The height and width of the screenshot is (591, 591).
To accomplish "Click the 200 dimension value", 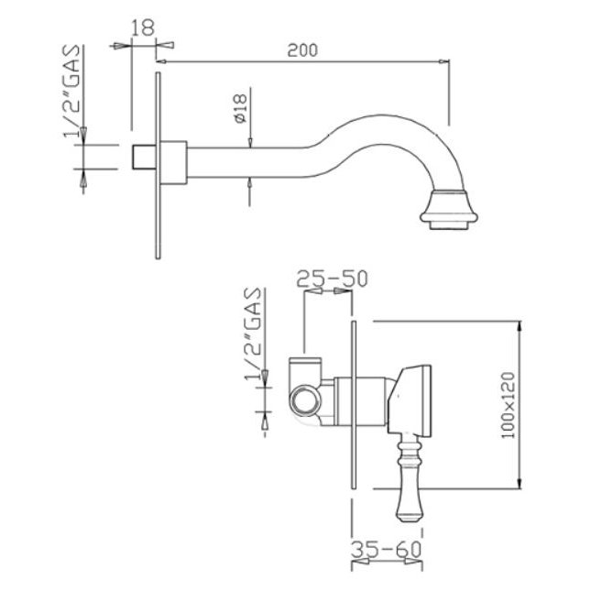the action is tap(302, 50).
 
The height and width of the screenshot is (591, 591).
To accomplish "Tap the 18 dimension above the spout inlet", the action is tap(143, 27).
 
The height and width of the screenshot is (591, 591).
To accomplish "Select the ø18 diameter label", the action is tap(240, 108).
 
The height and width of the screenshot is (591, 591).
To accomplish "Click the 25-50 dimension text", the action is tap(332, 279).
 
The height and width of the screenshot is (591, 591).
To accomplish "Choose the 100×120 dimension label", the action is tap(509, 405).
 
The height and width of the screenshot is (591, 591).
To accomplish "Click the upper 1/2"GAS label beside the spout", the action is tap(71, 92).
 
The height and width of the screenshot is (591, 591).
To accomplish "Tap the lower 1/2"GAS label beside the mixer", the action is tap(253, 334).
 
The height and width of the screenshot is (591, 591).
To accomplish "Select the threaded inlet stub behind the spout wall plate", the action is tap(144, 157).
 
